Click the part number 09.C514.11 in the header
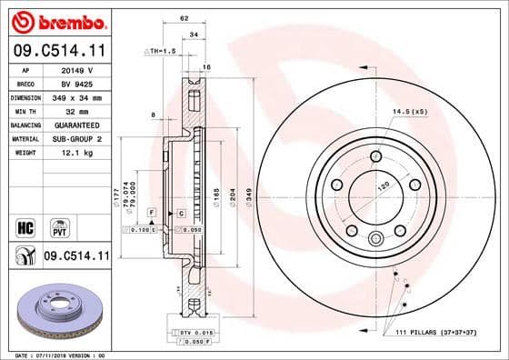59,52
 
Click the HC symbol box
25,224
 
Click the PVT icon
58,224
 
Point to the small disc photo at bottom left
58,312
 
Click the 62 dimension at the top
184,17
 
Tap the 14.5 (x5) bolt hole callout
409,112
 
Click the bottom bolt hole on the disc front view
374,240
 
